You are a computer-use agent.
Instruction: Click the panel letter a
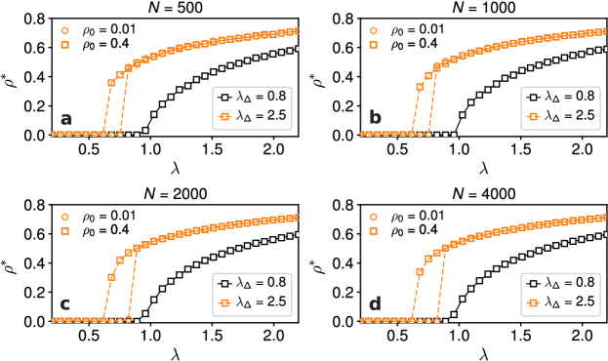66,120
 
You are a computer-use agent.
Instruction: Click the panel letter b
376,120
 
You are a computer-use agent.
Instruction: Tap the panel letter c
65,304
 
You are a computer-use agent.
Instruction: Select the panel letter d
376,304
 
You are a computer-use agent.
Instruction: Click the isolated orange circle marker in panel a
64,30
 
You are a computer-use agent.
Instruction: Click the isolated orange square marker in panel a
64,45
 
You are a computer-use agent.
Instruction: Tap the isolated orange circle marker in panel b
373,30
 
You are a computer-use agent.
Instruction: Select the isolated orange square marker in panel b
373,45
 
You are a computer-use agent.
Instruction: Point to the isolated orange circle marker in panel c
64,217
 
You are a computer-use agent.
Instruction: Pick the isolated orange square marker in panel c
64,231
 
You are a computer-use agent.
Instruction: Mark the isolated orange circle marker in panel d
373,217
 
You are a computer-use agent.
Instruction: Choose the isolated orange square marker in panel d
373,231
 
